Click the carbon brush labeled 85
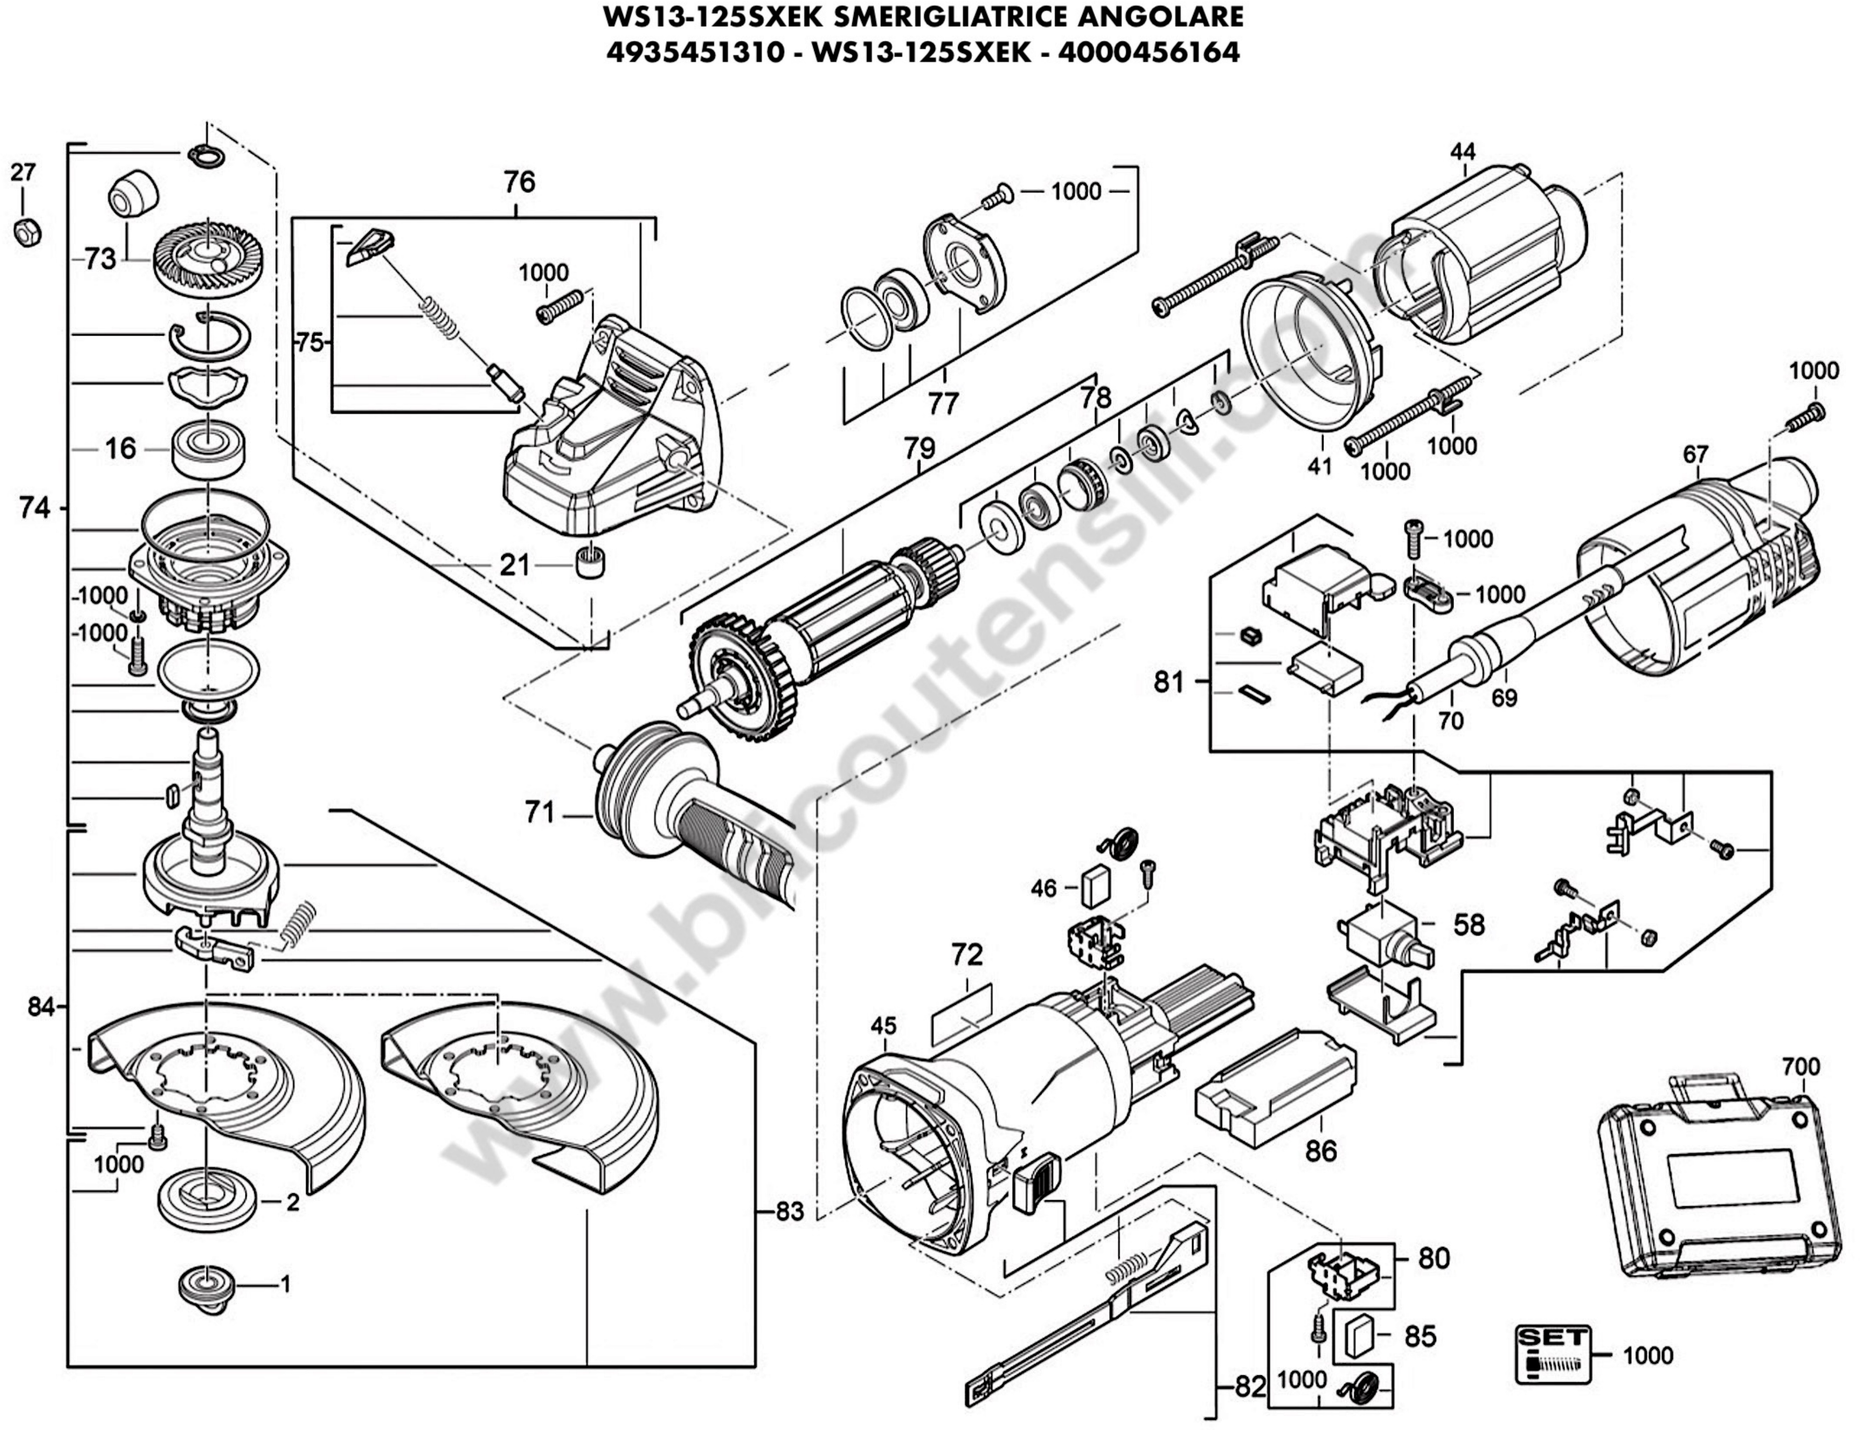point(1358,1336)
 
